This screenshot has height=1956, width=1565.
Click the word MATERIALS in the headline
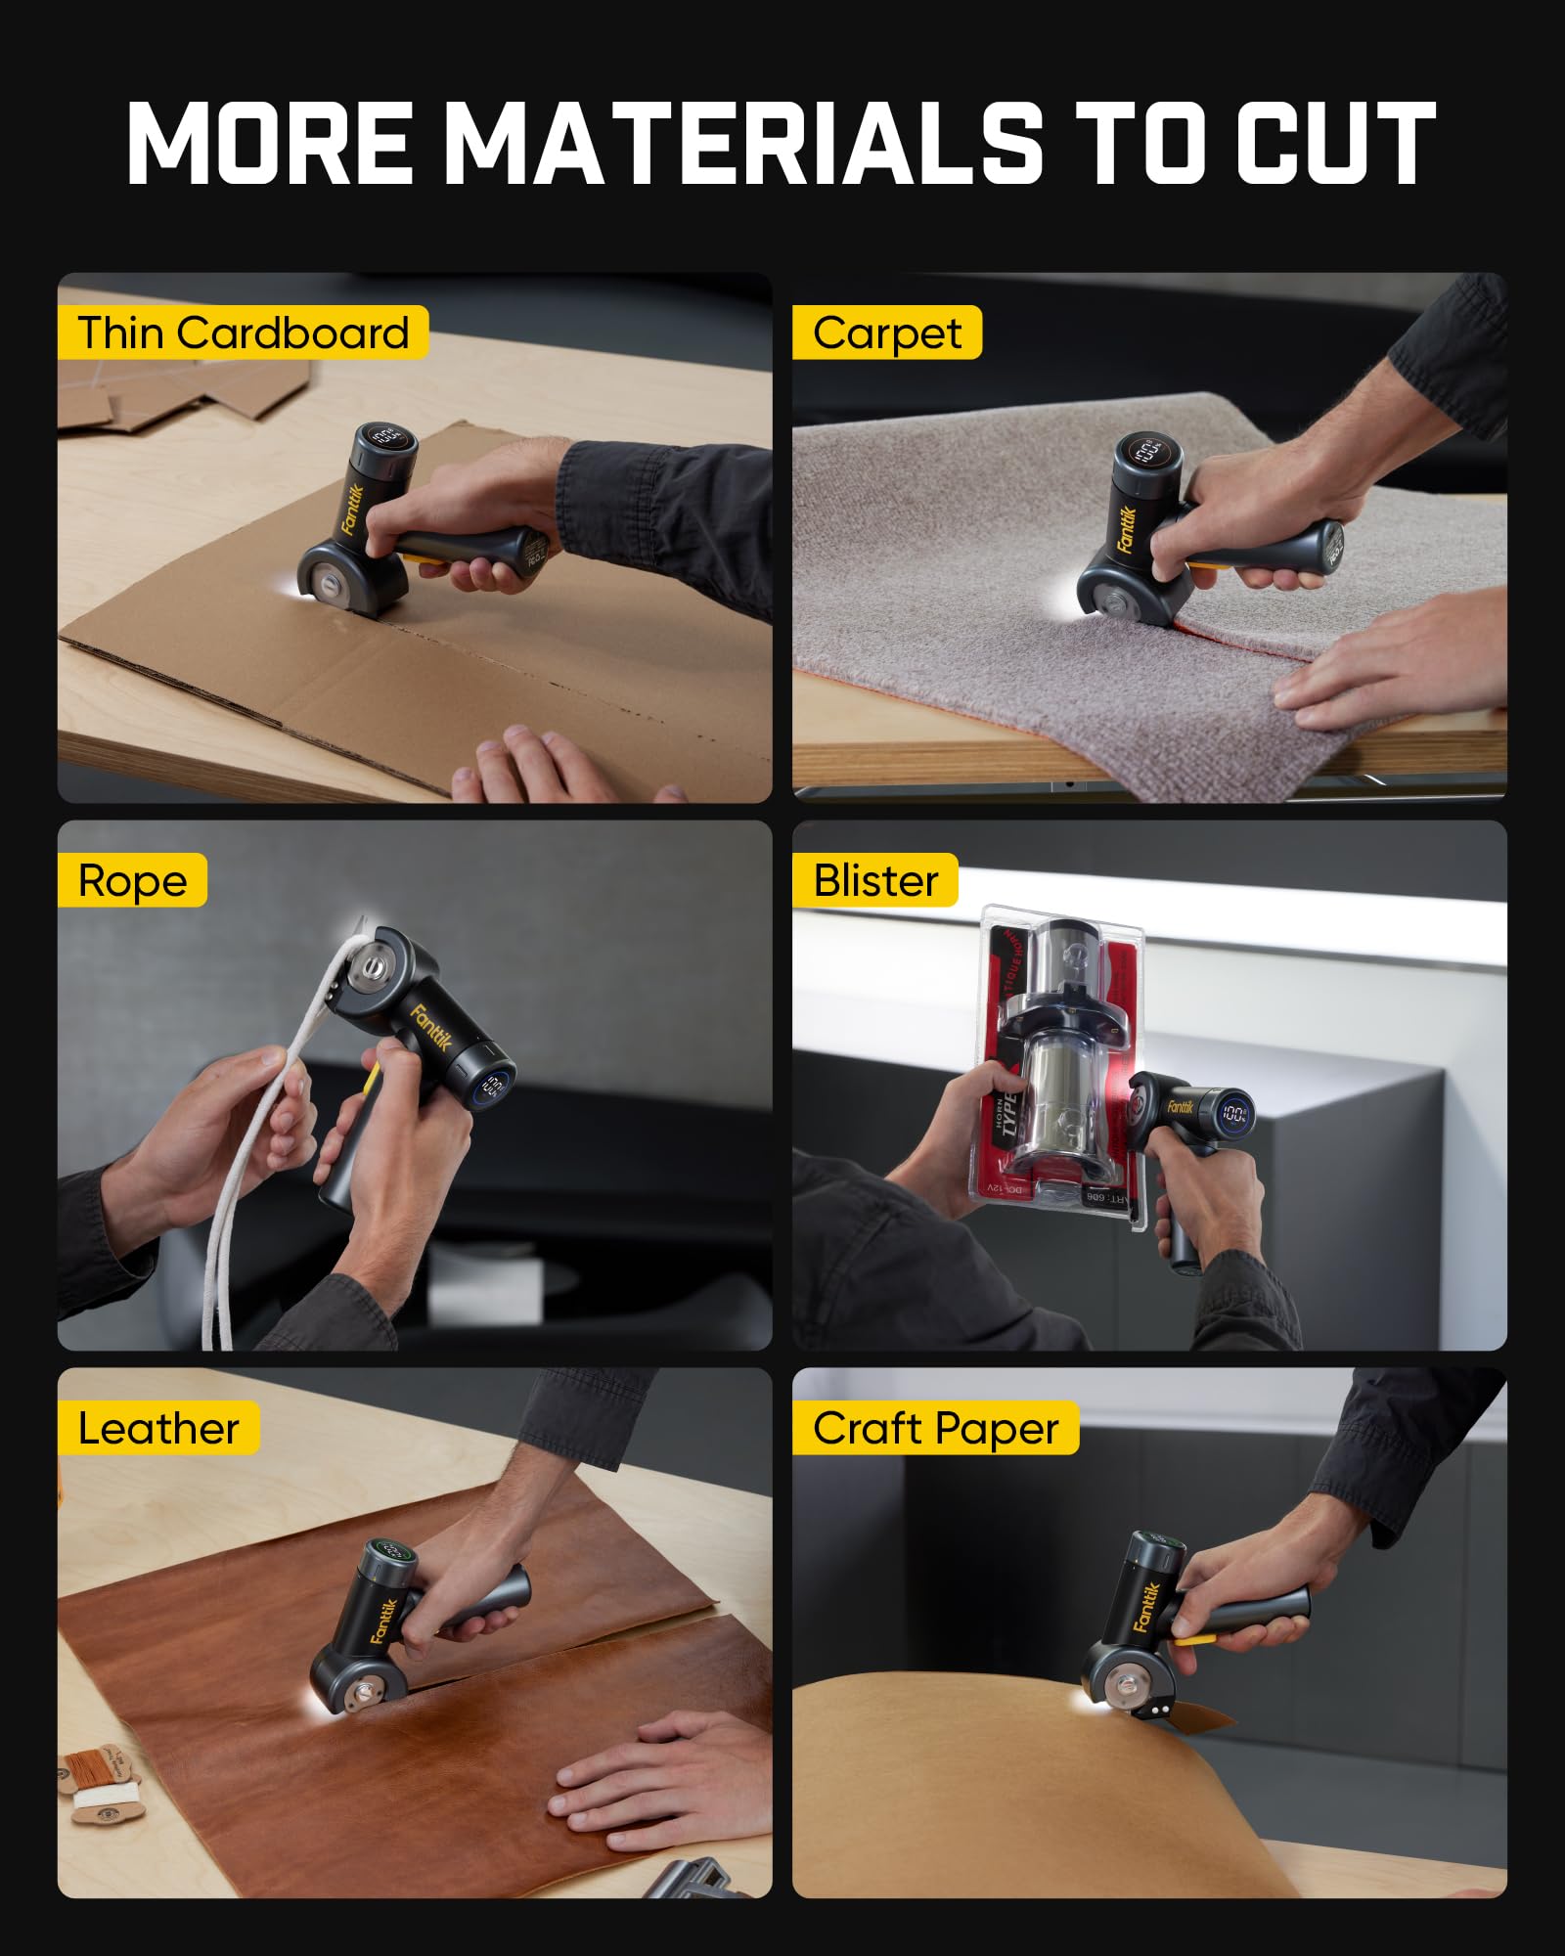click(748, 144)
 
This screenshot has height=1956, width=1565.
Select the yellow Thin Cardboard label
click(243, 333)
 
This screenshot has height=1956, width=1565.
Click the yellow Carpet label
click(886, 333)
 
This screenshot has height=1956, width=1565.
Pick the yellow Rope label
click(132, 881)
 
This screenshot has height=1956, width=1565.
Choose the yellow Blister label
click(874, 881)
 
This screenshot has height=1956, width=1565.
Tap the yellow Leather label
click(157, 1429)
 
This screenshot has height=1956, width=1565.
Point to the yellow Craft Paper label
click(935, 1429)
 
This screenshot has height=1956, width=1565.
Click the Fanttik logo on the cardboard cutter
click(353, 509)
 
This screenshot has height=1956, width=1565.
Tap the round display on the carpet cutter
click(1146, 451)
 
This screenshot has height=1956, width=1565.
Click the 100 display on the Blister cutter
click(1234, 1113)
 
